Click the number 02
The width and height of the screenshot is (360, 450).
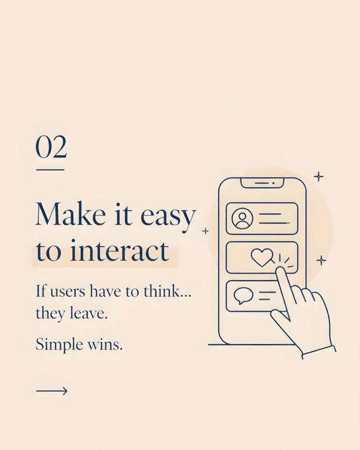[x=51, y=147]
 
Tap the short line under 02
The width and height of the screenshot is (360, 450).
[x=50, y=170]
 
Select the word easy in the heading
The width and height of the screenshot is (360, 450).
[x=168, y=218]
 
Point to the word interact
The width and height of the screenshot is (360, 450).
[x=120, y=250]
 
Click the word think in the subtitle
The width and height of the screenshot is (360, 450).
[x=167, y=291]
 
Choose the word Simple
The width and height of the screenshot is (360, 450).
[x=60, y=345]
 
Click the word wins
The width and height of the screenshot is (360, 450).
[x=105, y=345]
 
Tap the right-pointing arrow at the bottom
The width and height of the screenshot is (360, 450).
[x=52, y=391]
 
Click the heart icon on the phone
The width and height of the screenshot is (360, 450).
[x=262, y=257]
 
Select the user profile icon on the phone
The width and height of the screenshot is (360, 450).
[x=243, y=218]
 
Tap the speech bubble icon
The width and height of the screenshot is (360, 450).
[x=244, y=296]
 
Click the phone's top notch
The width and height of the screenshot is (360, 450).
[x=262, y=183]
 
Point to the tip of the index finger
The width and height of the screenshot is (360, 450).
[x=281, y=269]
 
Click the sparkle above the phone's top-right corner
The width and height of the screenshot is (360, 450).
[x=318, y=177]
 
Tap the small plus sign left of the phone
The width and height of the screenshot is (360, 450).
[x=205, y=231]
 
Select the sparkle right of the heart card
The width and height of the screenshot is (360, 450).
[x=321, y=260]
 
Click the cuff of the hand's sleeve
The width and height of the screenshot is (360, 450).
[x=319, y=353]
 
